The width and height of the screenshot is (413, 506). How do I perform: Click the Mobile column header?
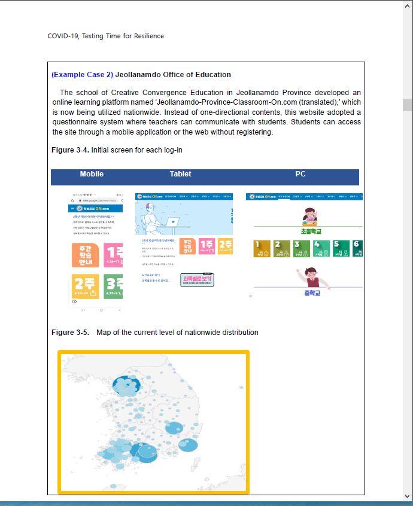[x=92, y=174]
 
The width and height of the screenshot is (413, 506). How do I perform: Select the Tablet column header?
[x=180, y=174]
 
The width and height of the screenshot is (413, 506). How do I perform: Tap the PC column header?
[x=300, y=174]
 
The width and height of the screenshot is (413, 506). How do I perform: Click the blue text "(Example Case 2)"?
[x=82, y=75]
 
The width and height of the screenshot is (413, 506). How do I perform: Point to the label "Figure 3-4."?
[x=70, y=150]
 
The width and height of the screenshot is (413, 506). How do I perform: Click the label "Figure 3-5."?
[x=70, y=333]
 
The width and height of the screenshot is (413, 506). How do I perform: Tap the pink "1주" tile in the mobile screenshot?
[x=113, y=255]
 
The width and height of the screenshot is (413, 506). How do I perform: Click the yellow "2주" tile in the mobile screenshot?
[x=86, y=286]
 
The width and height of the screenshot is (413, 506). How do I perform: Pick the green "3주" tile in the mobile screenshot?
[x=113, y=286]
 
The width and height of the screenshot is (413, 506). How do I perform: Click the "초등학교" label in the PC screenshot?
[x=311, y=231]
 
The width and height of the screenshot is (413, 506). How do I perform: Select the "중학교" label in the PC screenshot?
[x=312, y=293]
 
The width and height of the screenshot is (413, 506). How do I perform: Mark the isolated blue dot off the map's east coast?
[x=241, y=388]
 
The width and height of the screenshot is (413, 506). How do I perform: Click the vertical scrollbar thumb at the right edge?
[x=408, y=105]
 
